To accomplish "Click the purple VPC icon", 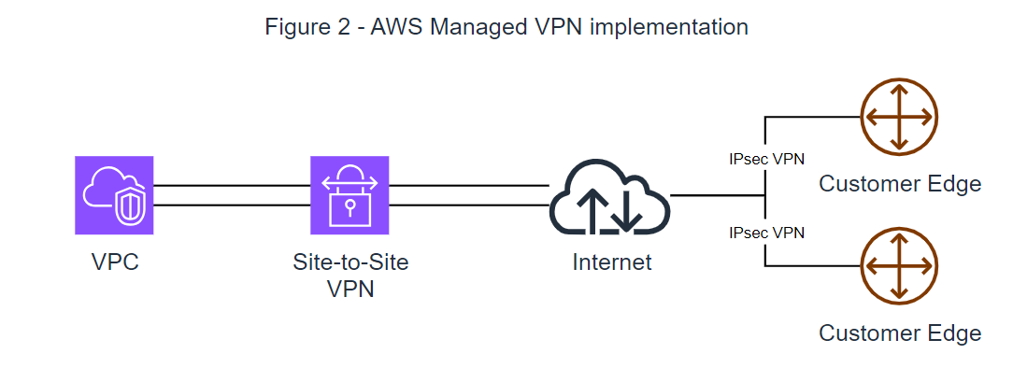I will click(x=114, y=194).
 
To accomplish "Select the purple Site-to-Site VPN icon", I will click(x=350, y=194).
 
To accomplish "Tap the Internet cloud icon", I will click(x=609, y=197).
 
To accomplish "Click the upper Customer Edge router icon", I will click(x=898, y=117).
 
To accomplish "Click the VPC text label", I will click(x=115, y=262).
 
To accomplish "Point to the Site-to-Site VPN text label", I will click(x=350, y=276).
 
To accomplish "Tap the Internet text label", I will click(x=612, y=262).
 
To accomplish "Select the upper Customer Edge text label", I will click(x=900, y=184).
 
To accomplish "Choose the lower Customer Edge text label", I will click(x=900, y=333).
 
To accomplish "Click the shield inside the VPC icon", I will click(x=128, y=206).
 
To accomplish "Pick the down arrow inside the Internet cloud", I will click(x=626, y=211).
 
